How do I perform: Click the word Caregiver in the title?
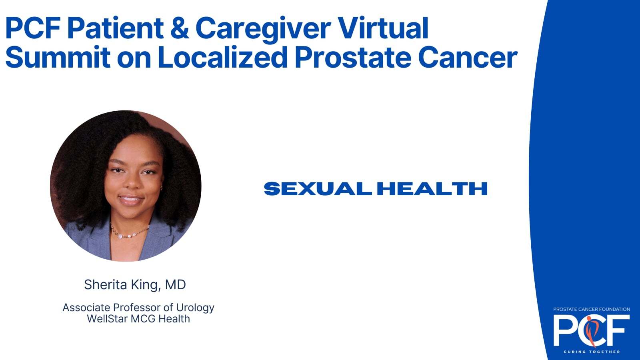point(263,28)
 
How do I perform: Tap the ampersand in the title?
point(180,28)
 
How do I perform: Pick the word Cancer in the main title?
point(468,58)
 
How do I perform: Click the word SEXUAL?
point(318,188)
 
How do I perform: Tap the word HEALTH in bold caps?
point(432,188)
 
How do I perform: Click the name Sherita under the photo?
point(106,284)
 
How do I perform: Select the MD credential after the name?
point(176,284)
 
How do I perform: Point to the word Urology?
point(195,308)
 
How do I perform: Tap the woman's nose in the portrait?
point(132,183)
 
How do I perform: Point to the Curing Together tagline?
point(592,352)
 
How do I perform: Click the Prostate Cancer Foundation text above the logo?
point(592,309)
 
